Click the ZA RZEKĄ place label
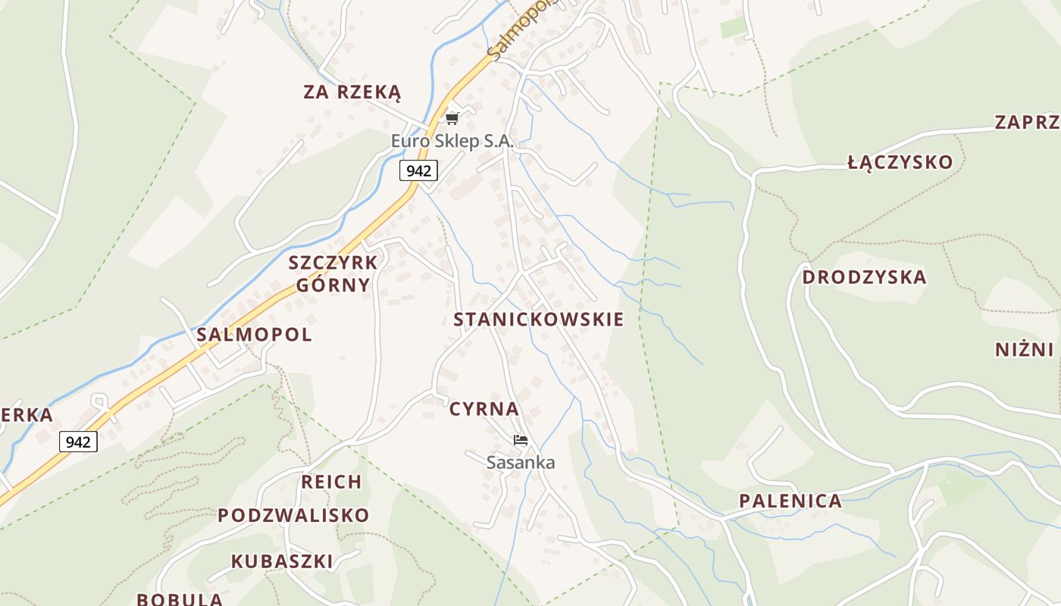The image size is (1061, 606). coord(352,92)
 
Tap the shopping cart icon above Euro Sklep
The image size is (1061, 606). coord(452,118)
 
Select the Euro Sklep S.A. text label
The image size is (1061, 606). coord(452,141)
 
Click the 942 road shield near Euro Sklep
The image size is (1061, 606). coord(418,170)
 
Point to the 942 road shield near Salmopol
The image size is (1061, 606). coord(78,442)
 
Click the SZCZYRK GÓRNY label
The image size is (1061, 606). coord(333,273)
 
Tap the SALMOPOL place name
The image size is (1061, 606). coord(254,335)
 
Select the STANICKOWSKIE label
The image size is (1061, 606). coord(538,320)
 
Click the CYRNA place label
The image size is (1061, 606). coord(484,409)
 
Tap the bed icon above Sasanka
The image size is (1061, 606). coord(520,439)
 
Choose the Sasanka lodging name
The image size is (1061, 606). coord(521,462)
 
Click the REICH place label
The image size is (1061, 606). coord(331,482)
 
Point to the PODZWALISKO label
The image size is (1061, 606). coord(293,515)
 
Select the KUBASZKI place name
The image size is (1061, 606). coord(282,561)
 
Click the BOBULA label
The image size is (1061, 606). coord(180,598)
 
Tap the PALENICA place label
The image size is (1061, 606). coord(790,501)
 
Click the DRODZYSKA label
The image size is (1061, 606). coord(864,277)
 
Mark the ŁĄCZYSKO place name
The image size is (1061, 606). coord(900,162)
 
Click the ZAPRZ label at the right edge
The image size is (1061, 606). coord(1027,123)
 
